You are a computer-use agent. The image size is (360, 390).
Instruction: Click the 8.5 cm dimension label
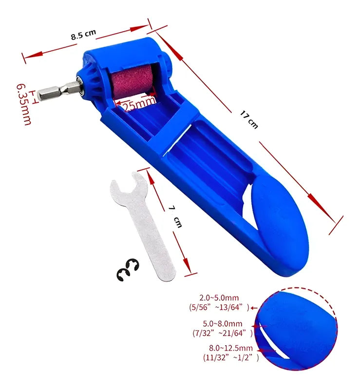tap(83, 34)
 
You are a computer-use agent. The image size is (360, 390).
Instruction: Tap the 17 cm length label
tap(249, 120)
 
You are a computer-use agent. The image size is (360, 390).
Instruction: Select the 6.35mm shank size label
tap(24, 104)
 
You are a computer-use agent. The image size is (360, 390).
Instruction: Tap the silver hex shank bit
tap(59, 90)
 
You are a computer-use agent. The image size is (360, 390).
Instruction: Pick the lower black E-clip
tap(124, 275)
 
